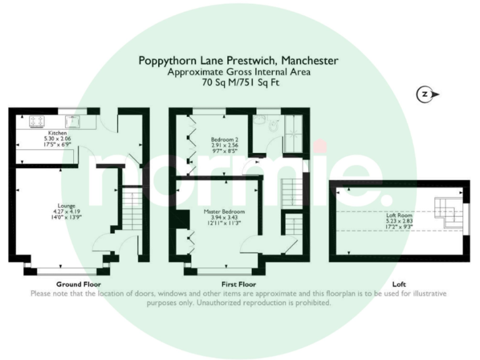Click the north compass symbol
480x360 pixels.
coord(427,94)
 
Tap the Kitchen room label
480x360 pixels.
coord(57,133)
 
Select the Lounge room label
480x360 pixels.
coord(66,206)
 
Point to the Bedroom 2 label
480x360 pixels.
coord(225,139)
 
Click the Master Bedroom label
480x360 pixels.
coord(224,211)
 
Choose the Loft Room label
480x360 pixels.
coord(399,215)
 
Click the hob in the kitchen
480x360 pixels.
coord(36,121)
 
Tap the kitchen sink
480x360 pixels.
coord(73,121)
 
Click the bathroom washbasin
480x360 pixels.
coord(260,120)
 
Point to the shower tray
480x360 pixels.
coord(294,134)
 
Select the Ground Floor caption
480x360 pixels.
coord(78,284)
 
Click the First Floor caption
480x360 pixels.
coord(239,284)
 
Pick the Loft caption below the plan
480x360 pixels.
coord(399,284)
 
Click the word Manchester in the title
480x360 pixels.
coord(309,60)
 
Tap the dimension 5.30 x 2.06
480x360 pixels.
coord(57,139)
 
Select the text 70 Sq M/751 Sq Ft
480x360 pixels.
coord(241,82)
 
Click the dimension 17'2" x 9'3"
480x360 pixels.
coord(399,227)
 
